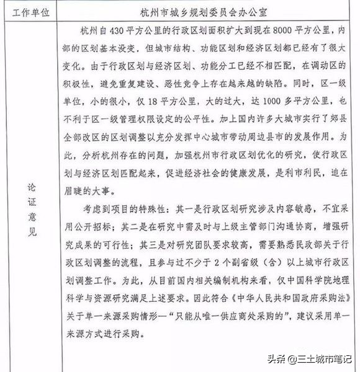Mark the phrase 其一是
pyautogui.click(x=190, y=204)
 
